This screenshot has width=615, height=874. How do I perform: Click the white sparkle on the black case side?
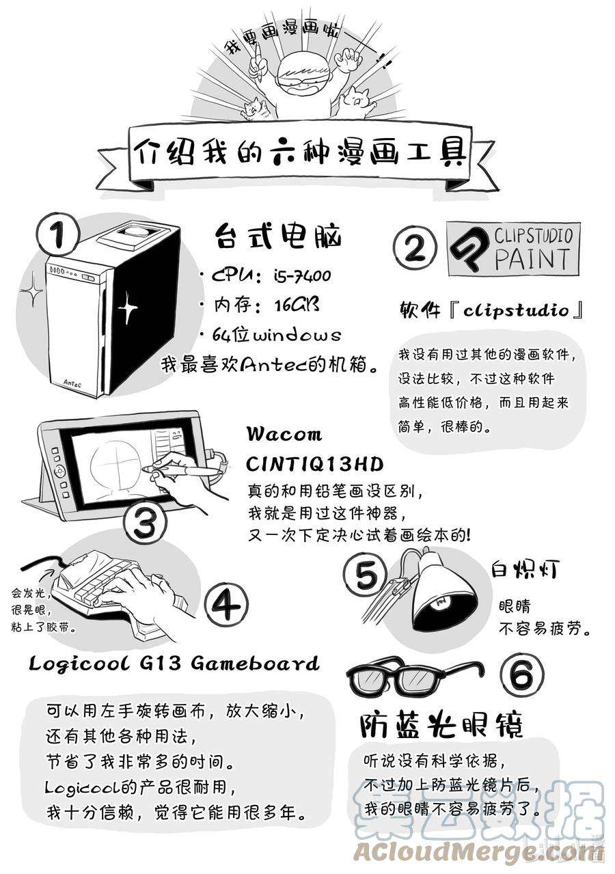point(128,309)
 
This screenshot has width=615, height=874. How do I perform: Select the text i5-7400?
point(303,276)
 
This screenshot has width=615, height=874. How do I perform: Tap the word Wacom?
point(284,435)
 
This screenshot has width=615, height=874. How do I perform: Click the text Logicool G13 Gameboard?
point(174,663)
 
